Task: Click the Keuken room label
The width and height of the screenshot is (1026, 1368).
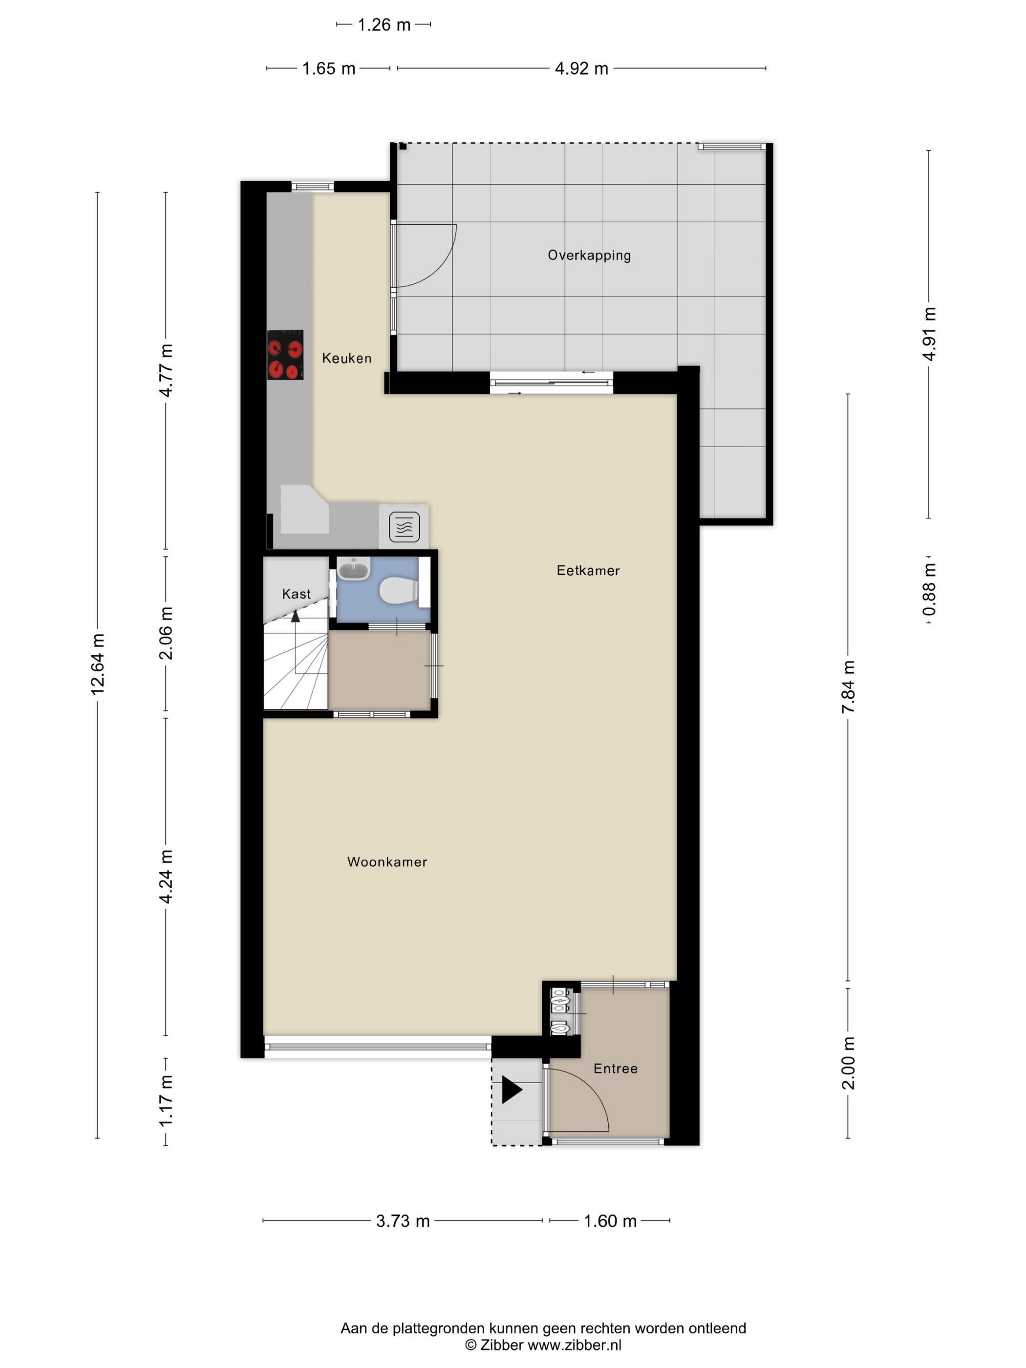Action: coord(346,358)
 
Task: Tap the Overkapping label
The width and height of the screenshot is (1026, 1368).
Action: coord(589,256)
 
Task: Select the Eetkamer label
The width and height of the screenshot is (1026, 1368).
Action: coord(588,570)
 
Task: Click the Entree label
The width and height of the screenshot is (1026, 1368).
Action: coord(615,1069)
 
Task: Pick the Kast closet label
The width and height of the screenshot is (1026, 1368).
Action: coord(296,594)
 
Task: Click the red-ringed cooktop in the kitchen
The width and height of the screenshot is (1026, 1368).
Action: coord(285,355)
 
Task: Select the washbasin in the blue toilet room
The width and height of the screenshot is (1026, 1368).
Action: coord(354,568)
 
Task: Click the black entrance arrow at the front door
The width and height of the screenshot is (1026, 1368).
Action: coord(512,1090)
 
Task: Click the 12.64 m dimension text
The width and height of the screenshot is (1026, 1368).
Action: coord(97,664)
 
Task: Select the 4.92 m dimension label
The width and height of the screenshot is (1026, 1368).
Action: coord(581,69)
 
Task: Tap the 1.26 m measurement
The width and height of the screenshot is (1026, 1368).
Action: coord(384,25)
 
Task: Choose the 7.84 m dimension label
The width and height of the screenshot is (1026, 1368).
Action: coord(848,686)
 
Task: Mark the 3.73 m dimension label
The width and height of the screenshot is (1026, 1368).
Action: coord(403,1221)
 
